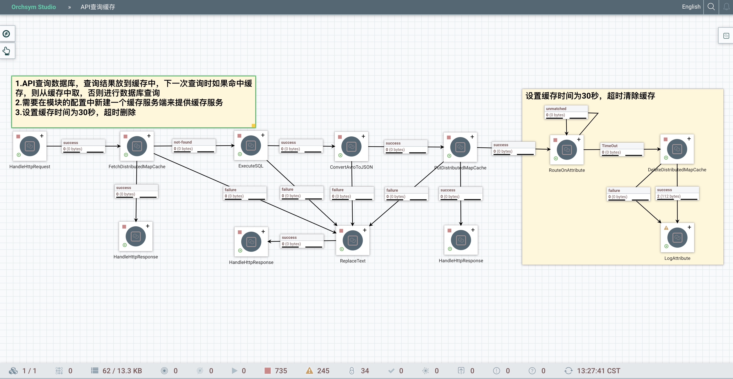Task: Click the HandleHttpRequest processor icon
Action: [30, 146]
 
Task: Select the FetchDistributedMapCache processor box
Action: [137, 146]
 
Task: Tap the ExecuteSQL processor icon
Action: [251, 145]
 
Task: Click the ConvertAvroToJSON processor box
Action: [351, 147]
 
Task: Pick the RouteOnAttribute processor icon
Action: [567, 150]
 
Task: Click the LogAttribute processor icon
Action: [677, 238]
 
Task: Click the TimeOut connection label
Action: [622, 149]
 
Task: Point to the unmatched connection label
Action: [566, 112]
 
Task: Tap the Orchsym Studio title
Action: [33, 7]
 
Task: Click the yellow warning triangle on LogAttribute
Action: [666, 228]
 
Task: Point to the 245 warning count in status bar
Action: [323, 370]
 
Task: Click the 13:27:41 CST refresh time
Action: [598, 370]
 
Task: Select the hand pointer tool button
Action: [6, 51]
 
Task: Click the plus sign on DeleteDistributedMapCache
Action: [689, 139]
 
